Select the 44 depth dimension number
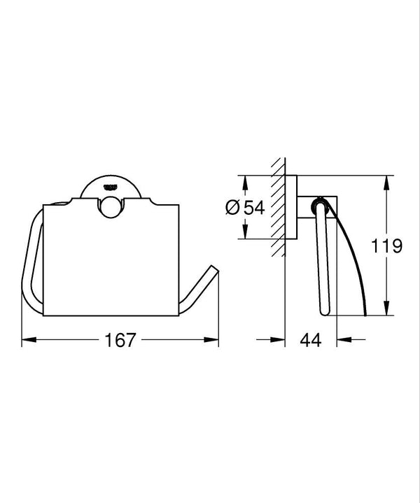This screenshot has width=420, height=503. (x=311, y=341)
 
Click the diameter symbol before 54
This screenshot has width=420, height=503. (x=234, y=207)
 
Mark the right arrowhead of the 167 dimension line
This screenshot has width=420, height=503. (x=214, y=341)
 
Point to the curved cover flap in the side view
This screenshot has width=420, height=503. (x=354, y=259)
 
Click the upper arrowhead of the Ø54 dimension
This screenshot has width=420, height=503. (x=244, y=178)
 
